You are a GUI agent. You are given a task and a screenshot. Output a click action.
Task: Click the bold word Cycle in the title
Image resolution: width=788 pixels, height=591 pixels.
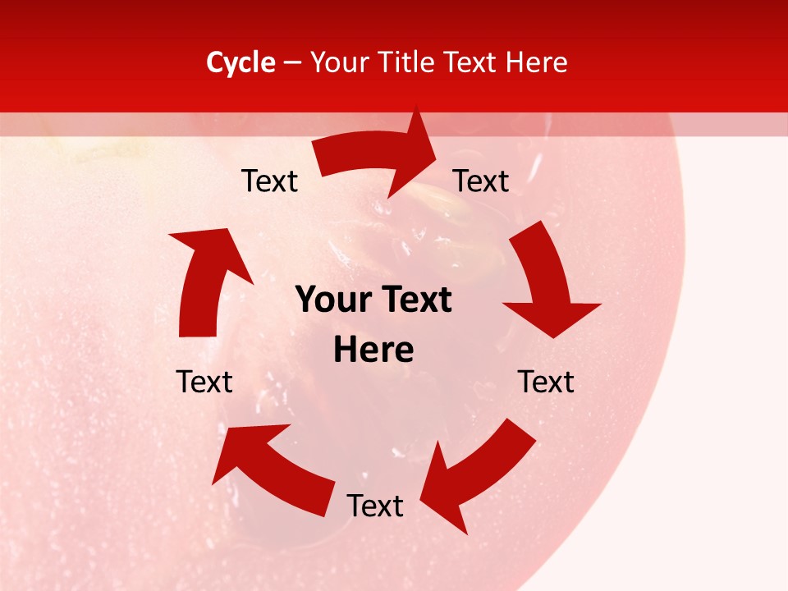click(241, 62)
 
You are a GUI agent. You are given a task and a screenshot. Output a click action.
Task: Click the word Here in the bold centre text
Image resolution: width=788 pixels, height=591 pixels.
click(373, 350)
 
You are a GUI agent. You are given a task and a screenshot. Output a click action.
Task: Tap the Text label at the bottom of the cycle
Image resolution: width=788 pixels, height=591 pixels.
click(375, 506)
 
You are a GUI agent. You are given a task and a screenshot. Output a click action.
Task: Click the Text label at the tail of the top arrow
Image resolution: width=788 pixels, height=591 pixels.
click(270, 181)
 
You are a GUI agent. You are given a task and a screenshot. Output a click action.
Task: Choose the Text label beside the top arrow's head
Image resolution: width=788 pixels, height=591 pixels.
click(481, 181)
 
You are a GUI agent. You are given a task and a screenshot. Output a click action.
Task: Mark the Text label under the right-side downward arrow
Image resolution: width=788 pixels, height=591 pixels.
click(546, 382)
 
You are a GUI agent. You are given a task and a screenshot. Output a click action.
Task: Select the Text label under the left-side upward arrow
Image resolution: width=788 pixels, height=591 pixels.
click(204, 382)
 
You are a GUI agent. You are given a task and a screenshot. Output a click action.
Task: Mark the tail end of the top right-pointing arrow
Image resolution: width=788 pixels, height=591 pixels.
click(324, 156)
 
